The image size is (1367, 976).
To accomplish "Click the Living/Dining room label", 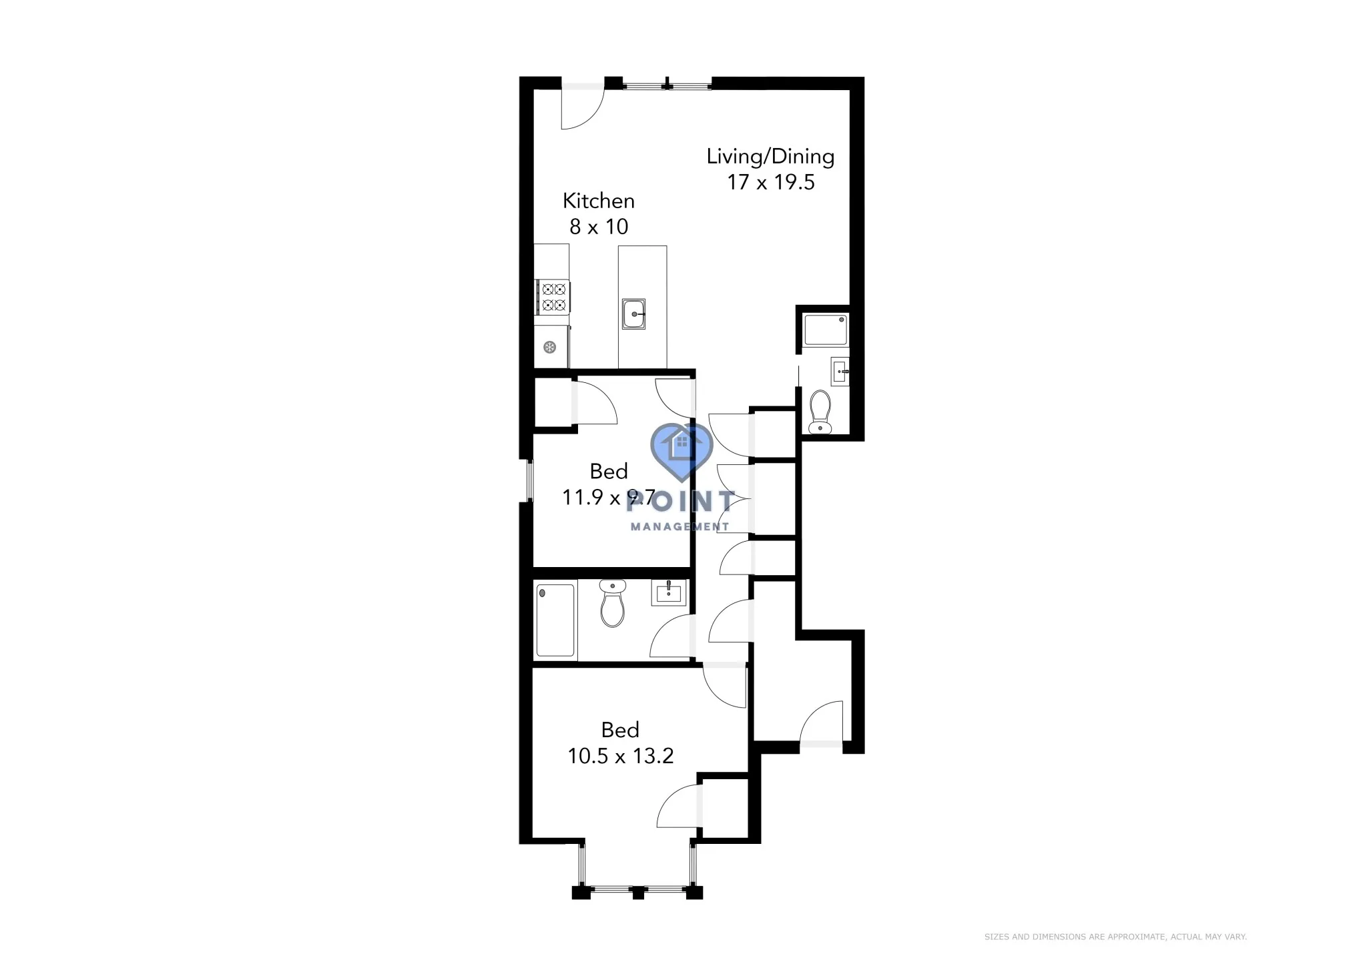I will (x=770, y=156).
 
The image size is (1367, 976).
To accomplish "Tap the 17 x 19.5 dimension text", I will (x=770, y=182).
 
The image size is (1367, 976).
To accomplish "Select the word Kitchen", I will (x=598, y=201).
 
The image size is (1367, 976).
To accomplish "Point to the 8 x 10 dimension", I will (x=598, y=227).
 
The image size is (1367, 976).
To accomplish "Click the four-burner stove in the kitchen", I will (x=554, y=297).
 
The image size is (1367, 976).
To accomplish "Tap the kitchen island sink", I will (x=633, y=314).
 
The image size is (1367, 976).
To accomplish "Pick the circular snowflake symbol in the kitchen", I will (x=549, y=347).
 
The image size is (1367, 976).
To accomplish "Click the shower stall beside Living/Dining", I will (x=826, y=330).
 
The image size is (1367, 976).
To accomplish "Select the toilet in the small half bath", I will (x=820, y=412).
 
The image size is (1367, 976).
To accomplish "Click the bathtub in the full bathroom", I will (x=555, y=620).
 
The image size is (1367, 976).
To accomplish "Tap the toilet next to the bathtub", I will (x=612, y=603).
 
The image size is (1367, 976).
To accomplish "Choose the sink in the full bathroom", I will (x=668, y=592).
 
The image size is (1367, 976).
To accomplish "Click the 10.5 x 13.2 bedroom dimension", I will (x=620, y=756).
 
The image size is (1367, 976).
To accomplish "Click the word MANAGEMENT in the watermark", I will (x=679, y=526).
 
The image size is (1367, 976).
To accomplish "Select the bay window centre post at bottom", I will (x=638, y=892).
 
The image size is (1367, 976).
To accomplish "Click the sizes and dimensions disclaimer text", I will (x=1115, y=937).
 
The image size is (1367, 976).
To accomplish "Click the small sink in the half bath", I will (x=840, y=371).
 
